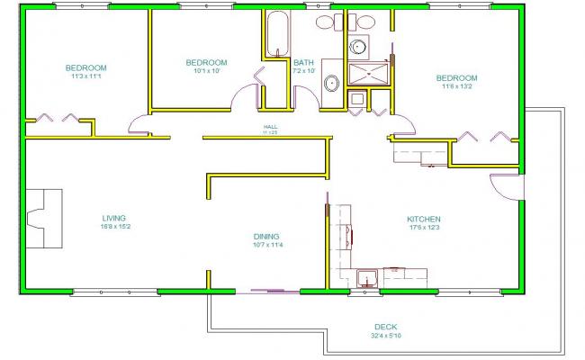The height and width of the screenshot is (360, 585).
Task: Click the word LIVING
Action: point(113,218)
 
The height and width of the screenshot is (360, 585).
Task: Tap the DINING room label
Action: point(266,236)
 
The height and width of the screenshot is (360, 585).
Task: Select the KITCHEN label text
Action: point(423,219)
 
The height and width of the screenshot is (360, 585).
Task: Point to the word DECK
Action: point(385,327)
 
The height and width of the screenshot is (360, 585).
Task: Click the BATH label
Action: point(304,62)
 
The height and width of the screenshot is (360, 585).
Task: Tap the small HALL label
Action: point(269,127)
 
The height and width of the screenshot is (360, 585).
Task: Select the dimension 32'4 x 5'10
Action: point(385,336)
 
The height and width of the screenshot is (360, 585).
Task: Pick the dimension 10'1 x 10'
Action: point(206,71)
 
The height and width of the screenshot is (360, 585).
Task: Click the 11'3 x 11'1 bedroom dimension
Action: point(86,76)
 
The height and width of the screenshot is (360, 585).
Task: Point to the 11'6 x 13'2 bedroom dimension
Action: point(457,86)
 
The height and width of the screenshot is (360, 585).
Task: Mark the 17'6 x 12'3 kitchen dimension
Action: point(423,228)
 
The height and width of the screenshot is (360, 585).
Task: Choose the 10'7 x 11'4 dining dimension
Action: point(266,245)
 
